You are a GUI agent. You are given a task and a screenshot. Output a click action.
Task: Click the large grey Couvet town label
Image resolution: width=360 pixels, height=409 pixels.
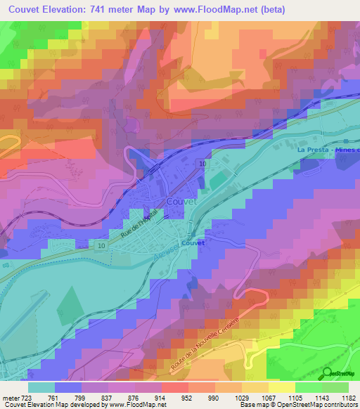(x=184, y=201)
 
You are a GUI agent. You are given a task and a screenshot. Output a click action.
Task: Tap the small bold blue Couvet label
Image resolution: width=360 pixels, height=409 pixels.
(x=192, y=242)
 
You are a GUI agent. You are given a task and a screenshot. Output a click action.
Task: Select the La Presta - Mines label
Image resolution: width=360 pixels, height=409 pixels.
(x=327, y=150)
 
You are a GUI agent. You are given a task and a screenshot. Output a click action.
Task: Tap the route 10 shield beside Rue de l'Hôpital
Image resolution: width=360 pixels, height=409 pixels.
(x=101, y=245)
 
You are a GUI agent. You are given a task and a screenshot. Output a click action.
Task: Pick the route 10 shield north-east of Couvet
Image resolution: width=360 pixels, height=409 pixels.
(x=202, y=163)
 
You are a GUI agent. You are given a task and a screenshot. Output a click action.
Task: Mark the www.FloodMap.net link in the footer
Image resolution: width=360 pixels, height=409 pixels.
(x=137, y=405)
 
